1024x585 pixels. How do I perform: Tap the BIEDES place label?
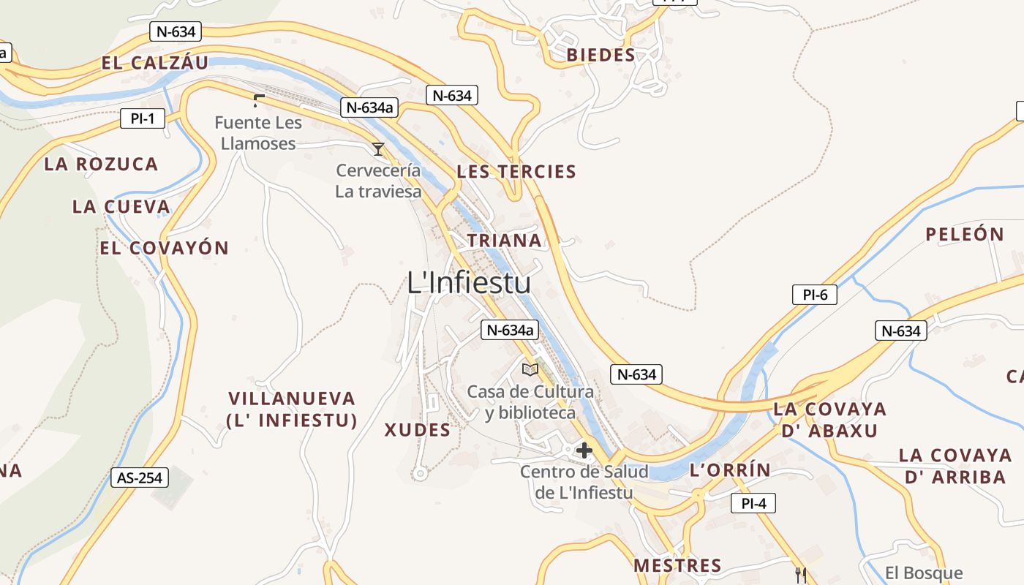click(x=601, y=56)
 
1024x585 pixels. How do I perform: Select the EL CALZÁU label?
click(x=155, y=63)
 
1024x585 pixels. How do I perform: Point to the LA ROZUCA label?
click(x=101, y=164)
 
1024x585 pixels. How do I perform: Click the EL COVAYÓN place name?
click(x=165, y=248)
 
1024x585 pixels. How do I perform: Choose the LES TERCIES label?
click(x=516, y=172)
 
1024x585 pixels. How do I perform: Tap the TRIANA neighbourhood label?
click(x=505, y=241)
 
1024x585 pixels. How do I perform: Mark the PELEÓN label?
click(x=965, y=235)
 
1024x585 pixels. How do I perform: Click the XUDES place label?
click(x=418, y=430)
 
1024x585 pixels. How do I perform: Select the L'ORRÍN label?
click(x=730, y=470)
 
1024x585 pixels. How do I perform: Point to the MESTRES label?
click(x=677, y=565)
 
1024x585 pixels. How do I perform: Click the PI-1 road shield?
click(x=143, y=118)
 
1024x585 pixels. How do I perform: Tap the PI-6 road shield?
click(x=815, y=295)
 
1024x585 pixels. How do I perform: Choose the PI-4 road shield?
click(x=753, y=503)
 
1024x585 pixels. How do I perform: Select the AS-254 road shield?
click(x=140, y=478)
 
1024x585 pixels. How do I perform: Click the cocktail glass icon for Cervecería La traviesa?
click(x=378, y=149)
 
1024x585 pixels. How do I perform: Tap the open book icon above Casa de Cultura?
click(x=530, y=369)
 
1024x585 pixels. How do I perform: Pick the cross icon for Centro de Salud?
click(x=584, y=450)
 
